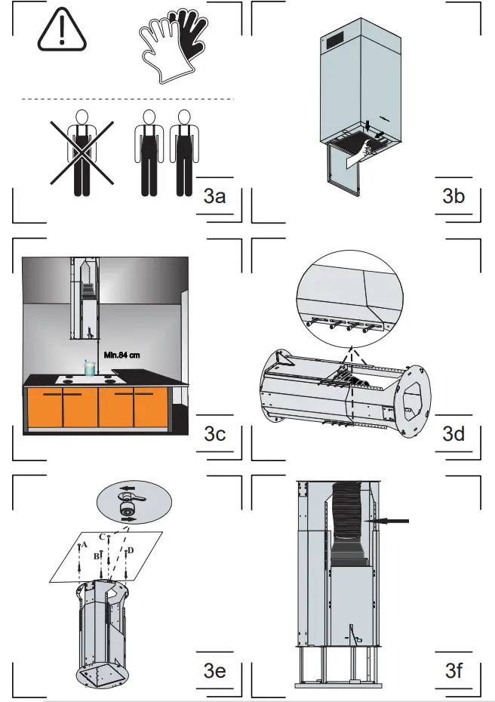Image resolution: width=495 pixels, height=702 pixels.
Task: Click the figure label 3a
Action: coord(214,198)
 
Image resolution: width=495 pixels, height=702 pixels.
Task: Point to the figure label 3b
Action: coord(453,197)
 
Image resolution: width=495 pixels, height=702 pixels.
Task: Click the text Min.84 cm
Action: coord(121,354)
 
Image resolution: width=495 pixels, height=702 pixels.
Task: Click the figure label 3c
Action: coord(214,435)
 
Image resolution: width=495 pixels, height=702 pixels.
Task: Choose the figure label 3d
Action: coord(453,435)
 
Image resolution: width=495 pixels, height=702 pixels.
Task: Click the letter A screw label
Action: coord(85,543)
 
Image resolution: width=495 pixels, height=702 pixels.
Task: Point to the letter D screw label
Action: coord(131,551)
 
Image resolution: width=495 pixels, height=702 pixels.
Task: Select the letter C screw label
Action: coord(102,536)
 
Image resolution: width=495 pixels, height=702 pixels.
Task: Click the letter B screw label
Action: coord(96,556)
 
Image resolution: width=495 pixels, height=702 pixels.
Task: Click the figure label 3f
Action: coord(453,670)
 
